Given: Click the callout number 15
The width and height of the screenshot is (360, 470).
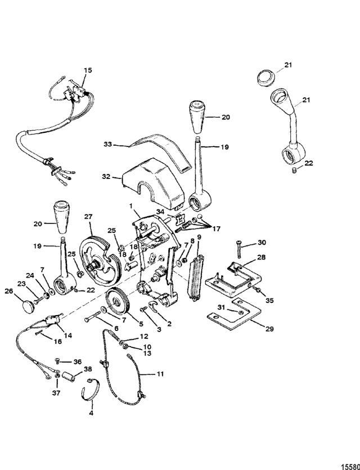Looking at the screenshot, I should pos(87,70).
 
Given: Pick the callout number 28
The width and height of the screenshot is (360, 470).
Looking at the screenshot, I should pos(262,257).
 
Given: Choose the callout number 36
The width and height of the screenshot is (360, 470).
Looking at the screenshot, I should pos(78,361).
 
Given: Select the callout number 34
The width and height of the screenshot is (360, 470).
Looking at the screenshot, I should pos(161,211).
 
